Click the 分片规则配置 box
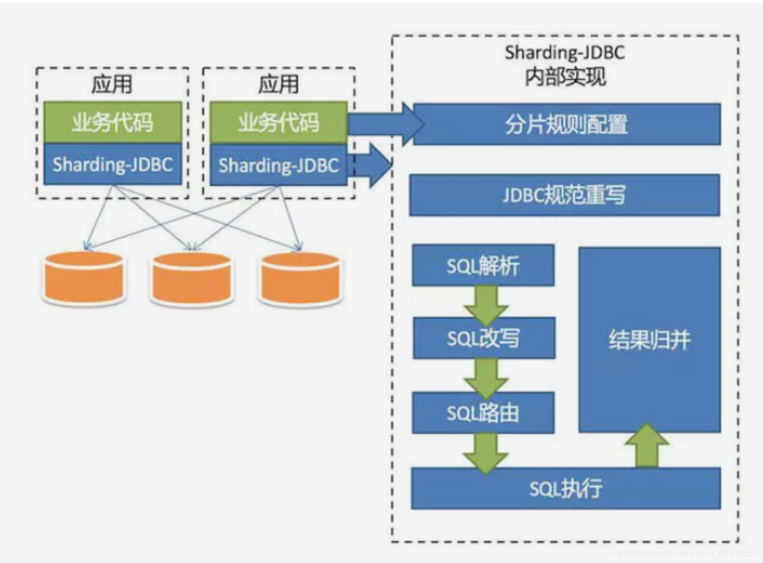[x=566, y=124]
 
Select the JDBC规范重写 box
[x=564, y=195]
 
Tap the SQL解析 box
[x=483, y=265]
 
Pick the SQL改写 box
[x=483, y=338]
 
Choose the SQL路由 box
[x=483, y=413]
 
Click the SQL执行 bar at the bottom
[x=566, y=488]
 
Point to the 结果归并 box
[x=649, y=340]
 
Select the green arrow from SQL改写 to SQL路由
[x=485, y=377]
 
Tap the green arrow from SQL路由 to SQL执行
[x=485, y=452]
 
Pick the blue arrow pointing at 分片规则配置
[x=384, y=124]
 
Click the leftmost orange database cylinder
[x=83, y=277]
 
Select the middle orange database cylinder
[x=191, y=278]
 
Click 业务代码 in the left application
[x=112, y=122]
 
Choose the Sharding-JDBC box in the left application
[x=112, y=164]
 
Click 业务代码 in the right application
[x=278, y=122]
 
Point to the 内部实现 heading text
[x=565, y=77]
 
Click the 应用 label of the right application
[x=278, y=84]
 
